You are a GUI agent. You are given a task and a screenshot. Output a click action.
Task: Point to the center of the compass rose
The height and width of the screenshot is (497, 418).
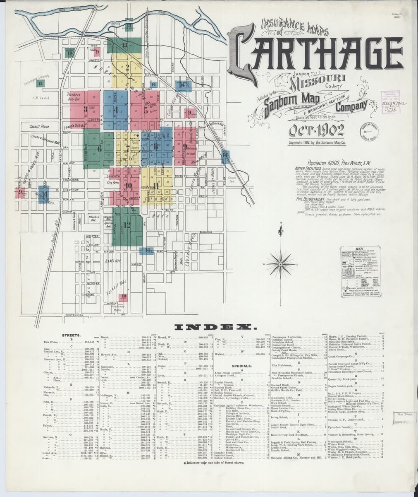[280, 263]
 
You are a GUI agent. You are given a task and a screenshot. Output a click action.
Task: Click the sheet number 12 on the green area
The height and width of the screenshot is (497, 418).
[127, 225]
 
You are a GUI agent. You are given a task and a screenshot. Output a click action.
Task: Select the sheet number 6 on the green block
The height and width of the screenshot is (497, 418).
[99, 148]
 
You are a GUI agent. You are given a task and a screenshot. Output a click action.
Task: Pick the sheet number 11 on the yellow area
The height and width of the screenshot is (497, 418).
[156, 185]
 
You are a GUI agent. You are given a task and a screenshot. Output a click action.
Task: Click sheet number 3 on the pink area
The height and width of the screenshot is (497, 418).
[86, 109]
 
